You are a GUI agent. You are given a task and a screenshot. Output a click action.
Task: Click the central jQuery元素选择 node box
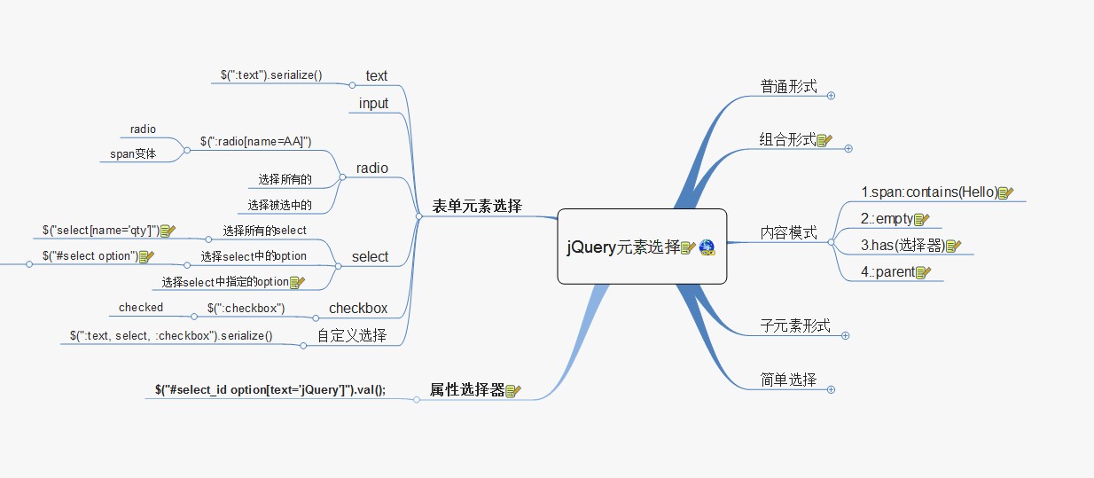642,247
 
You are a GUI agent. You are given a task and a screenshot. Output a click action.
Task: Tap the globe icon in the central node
707,247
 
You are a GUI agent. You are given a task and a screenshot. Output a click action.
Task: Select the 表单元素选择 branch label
477,206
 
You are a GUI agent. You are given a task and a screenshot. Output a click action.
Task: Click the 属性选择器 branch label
467,389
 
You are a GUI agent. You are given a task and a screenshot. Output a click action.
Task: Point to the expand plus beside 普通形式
831,96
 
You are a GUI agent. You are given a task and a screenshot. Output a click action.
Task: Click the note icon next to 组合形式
824,140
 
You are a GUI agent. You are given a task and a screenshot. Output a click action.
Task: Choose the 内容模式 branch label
788,232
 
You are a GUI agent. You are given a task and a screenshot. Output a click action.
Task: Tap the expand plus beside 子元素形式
846,335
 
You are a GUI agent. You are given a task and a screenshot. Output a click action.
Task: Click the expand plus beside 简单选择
831,389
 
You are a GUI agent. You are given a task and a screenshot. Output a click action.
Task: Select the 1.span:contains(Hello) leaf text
929,192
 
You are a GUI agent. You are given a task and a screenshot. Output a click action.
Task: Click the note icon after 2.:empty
921,219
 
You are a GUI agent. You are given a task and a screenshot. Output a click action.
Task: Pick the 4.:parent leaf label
888,271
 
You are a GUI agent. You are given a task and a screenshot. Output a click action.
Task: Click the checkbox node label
358,308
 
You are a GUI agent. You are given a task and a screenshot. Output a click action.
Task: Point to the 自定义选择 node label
352,335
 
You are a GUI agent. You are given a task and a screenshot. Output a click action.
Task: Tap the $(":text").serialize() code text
271,74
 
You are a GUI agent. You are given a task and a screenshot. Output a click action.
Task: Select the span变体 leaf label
133,154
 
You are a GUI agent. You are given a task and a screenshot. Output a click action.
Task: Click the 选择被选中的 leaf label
279,205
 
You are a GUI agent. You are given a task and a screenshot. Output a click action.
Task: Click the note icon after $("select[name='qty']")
168,231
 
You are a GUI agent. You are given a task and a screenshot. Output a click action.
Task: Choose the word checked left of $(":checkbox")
141,307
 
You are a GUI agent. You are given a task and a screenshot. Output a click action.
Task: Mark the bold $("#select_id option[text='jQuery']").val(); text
270,389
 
